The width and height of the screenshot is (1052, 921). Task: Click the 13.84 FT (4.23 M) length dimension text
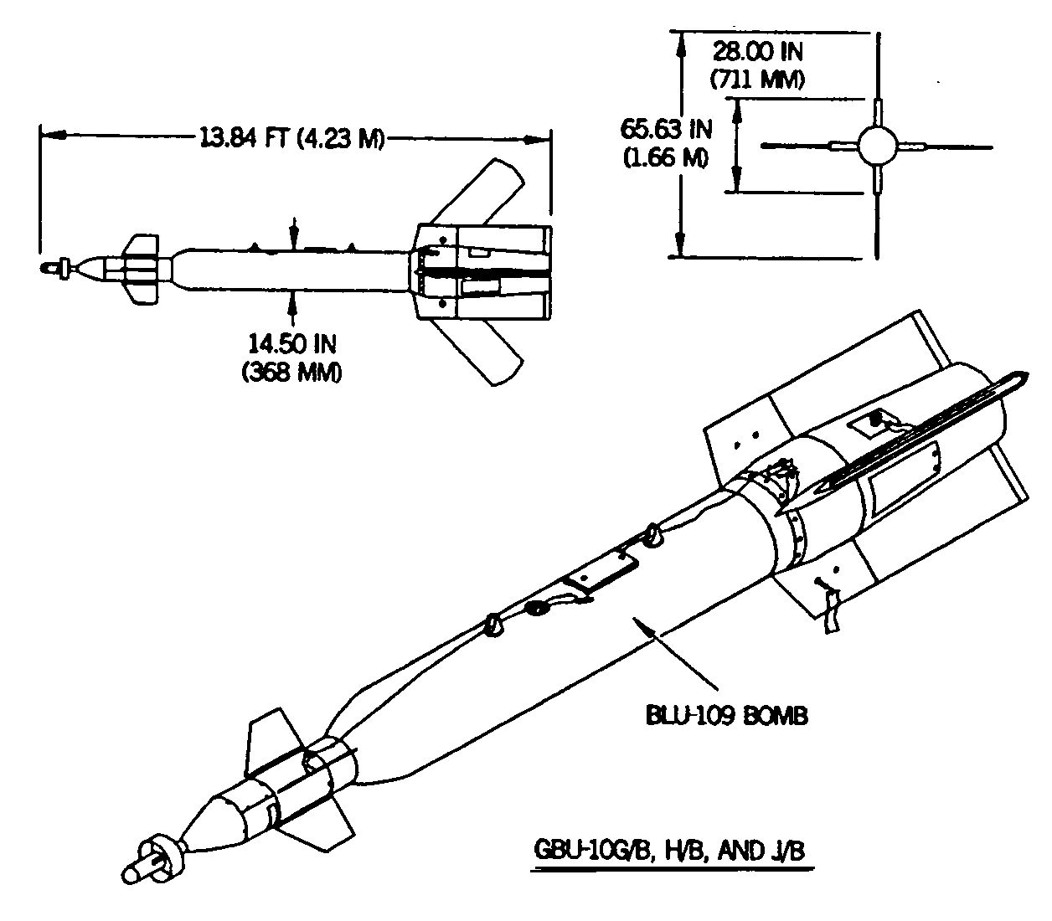(x=291, y=138)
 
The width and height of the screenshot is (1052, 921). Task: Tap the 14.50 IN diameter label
(x=291, y=344)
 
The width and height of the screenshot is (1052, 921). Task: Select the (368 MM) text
(x=291, y=372)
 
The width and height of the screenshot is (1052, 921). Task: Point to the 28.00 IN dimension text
(x=757, y=51)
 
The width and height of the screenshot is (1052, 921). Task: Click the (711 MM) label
(x=757, y=80)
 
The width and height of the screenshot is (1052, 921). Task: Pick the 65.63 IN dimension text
(x=666, y=129)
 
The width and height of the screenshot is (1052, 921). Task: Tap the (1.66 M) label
(x=666, y=157)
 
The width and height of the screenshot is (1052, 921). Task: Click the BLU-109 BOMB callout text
(x=726, y=715)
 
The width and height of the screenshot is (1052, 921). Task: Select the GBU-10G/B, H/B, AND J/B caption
(x=669, y=850)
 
